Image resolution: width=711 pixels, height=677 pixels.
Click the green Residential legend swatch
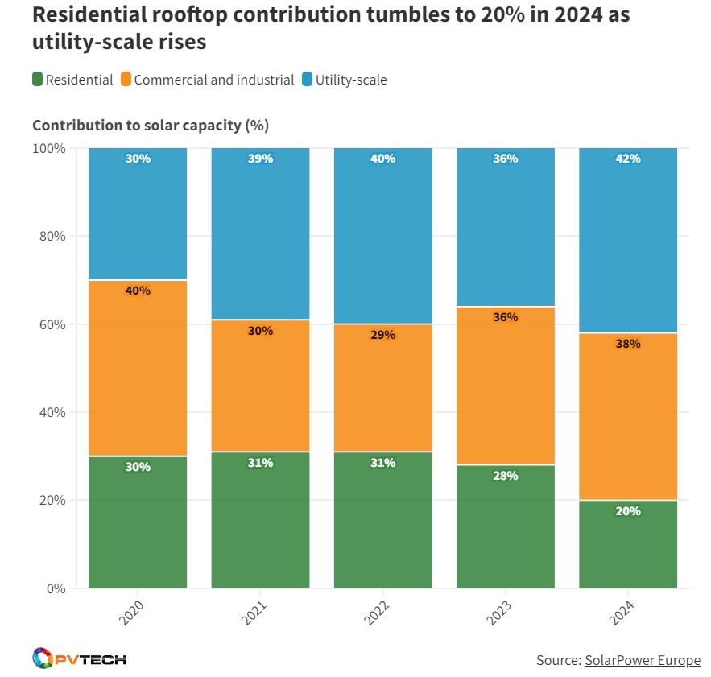click(x=37, y=80)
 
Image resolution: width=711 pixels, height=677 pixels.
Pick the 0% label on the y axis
click(x=56, y=588)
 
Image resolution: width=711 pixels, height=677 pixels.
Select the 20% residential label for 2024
click(x=628, y=511)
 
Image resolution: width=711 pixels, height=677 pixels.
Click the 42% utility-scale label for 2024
click(x=628, y=159)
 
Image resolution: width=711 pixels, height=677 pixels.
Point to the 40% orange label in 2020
click(x=138, y=291)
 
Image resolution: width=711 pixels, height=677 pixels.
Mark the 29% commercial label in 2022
click(x=382, y=335)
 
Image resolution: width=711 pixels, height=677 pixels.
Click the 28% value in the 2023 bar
click(x=505, y=476)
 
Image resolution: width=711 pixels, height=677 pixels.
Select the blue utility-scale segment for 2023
click(x=505, y=233)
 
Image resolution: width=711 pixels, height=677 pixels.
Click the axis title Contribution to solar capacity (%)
click(x=151, y=126)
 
